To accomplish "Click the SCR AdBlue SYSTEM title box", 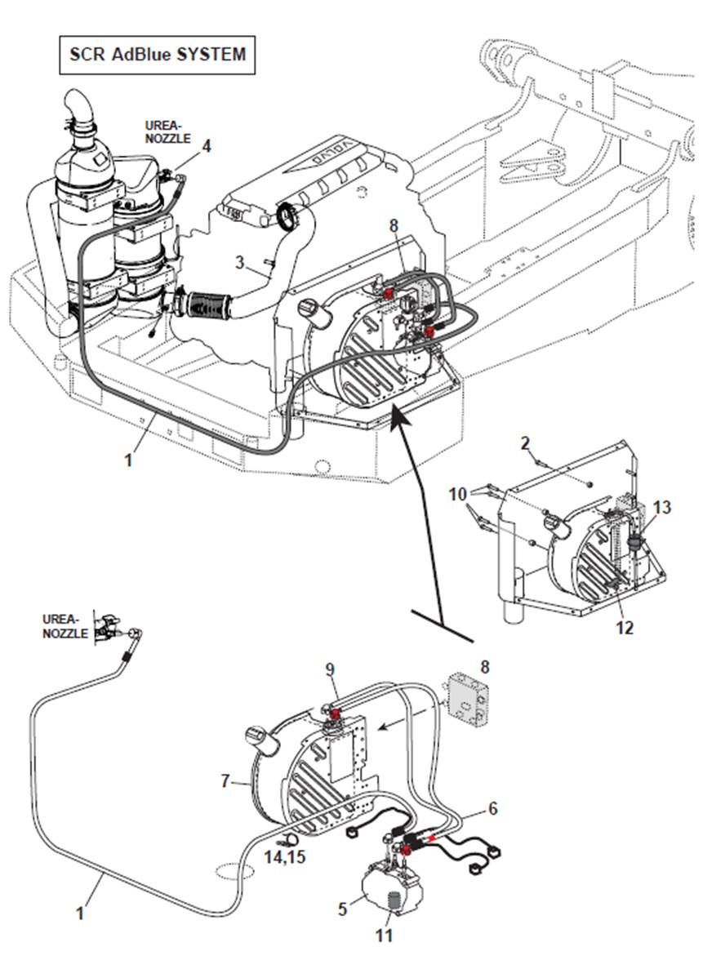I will pyautogui.click(x=157, y=55).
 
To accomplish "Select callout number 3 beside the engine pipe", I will pyautogui.click(x=239, y=262).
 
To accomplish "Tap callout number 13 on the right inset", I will pyautogui.click(x=661, y=508).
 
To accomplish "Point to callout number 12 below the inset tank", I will pyautogui.click(x=625, y=628).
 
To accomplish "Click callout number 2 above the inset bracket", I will pyautogui.click(x=526, y=443).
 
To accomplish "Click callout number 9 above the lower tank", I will pyautogui.click(x=330, y=669).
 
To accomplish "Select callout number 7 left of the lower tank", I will pyautogui.click(x=225, y=781).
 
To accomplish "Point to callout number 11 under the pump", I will pyautogui.click(x=385, y=935).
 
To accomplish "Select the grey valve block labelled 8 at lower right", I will pyautogui.click(x=469, y=698).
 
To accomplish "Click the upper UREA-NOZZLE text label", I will pyautogui.click(x=167, y=132).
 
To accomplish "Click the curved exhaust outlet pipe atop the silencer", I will pyautogui.click(x=80, y=110).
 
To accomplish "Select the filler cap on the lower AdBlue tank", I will pyautogui.click(x=260, y=740).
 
